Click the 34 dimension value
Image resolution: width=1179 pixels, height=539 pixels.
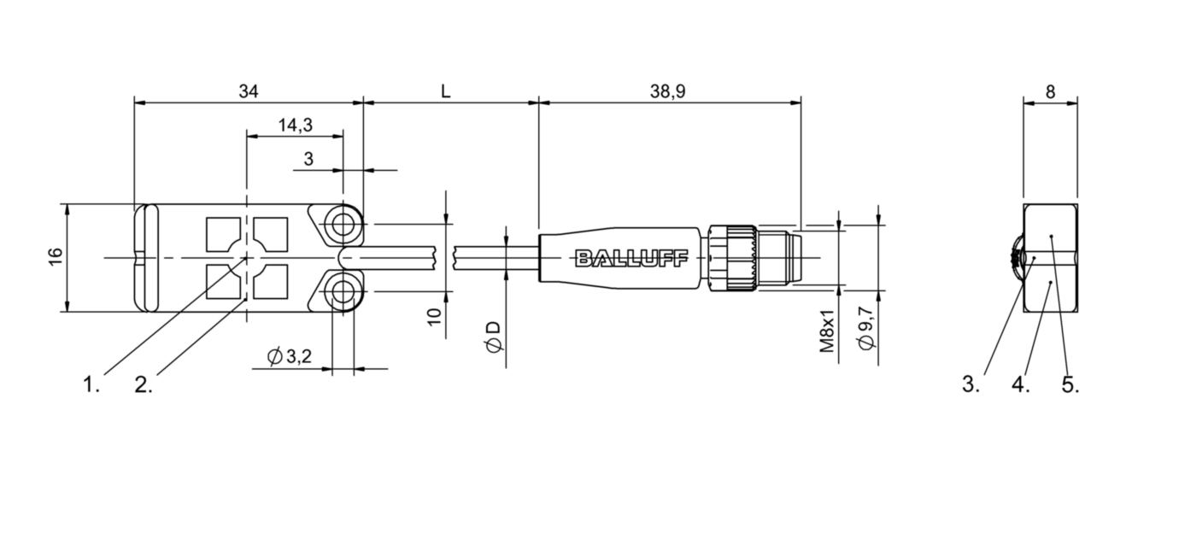pyautogui.click(x=249, y=91)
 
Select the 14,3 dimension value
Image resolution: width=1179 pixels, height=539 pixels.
pyautogui.click(x=295, y=125)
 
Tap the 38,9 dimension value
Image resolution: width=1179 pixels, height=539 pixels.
pyautogui.click(x=668, y=91)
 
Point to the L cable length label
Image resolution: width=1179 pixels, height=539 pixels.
pyautogui.click(x=445, y=91)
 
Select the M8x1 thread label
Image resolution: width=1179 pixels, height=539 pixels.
pyautogui.click(x=826, y=333)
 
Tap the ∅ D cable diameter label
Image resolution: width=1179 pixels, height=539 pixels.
pyautogui.click(x=493, y=337)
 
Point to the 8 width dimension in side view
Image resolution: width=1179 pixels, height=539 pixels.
pyautogui.click(x=1050, y=91)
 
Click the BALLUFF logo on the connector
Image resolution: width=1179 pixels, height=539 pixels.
pyautogui.click(x=630, y=258)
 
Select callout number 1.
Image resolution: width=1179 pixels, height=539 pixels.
pyautogui.click(x=91, y=385)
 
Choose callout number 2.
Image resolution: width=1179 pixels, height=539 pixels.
pyautogui.click(x=144, y=385)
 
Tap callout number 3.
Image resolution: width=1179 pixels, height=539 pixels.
pyautogui.click(x=971, y=385)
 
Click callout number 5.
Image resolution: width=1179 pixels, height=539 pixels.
pyautogui.click(x=1070, y=385)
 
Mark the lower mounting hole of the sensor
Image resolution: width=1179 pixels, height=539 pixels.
pyautogui.click(x=344, y=292)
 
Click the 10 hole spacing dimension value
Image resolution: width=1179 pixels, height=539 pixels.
pyautogui.click(x=434, y=317)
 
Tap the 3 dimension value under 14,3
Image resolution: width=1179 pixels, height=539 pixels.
pyautogui.click(x=309, y=158)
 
